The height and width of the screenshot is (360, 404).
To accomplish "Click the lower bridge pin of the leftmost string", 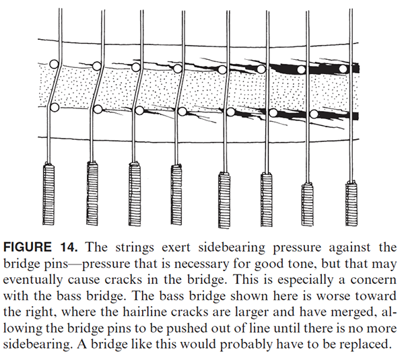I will [56, 107].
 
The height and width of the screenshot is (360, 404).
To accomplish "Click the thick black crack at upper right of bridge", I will [316, 67].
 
